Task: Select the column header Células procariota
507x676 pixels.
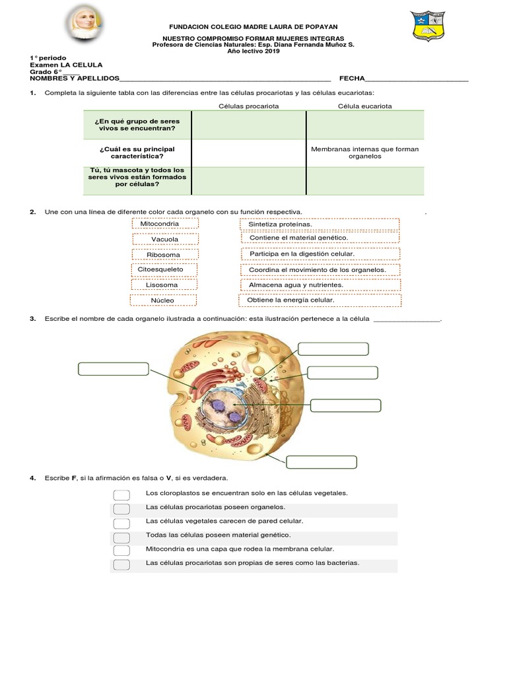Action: click(x=249, y=106)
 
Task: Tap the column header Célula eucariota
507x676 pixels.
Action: click(x=365, y=106)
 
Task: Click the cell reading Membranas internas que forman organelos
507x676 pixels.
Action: click(x=365, y=152)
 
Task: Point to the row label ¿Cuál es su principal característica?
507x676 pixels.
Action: click(x=137, y=152)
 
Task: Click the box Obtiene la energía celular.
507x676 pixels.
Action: click(x=320, y=300)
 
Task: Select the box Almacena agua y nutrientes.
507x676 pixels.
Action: click(x=320, y=285)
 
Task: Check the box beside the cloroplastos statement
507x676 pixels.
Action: click(x=121, y=494)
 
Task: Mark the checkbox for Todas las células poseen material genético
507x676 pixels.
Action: click(x=121, y=536)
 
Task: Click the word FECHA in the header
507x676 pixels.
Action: click(x=352, y=78)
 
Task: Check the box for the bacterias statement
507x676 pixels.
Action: click(x=121, y=564)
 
